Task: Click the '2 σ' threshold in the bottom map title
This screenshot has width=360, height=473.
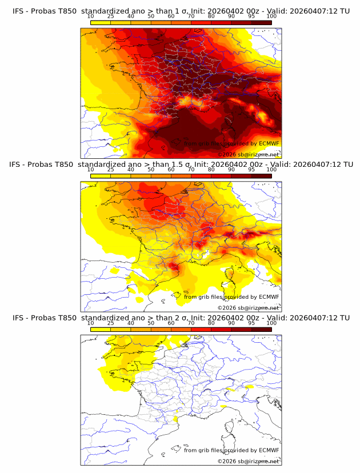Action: [177, 318]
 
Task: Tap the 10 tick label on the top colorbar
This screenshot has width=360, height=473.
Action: [90, 17]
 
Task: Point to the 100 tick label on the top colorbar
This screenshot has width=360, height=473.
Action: [271, 17]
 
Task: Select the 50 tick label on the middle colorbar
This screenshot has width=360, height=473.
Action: [151, 170]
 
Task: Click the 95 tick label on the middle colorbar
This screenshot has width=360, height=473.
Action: [251, 170]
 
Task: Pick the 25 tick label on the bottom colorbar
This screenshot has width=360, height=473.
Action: [110, 323]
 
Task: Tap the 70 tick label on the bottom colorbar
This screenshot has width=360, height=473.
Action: [191, 323]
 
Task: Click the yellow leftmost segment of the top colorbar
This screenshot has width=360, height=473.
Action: [100, 23]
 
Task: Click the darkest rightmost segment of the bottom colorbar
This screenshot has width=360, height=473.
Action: [261, 330]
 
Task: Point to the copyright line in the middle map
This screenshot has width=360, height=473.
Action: [248, 307]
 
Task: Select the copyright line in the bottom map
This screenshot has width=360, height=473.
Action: [248, 460]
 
